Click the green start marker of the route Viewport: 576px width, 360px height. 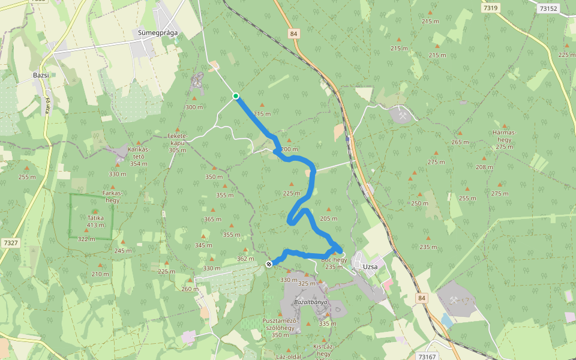tap(236, 96)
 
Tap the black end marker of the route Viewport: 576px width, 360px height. tap(269, 263)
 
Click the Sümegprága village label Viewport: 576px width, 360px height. tap(158, 32)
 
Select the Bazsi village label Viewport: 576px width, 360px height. tap(41, 76)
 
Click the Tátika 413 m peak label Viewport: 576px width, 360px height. tap(95, 221)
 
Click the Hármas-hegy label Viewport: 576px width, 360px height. tap(504, 139)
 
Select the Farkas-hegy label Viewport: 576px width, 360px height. tap(113, 197)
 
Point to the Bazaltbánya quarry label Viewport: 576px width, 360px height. tap(311, 302)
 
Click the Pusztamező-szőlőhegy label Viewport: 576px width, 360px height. tap(281, 328)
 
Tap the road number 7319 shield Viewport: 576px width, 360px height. tap(490, 8)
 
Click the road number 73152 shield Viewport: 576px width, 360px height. tap(548, 8)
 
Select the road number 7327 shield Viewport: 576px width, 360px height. tap(10, 243)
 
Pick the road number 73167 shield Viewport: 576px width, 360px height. tap(427, 356)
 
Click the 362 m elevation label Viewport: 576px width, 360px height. tap(242, 259)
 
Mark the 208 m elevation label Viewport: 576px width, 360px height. tap(484, 167)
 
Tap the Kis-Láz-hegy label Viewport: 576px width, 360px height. tap(322, 350)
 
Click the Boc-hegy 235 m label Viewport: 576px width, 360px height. tap(334, 263)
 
